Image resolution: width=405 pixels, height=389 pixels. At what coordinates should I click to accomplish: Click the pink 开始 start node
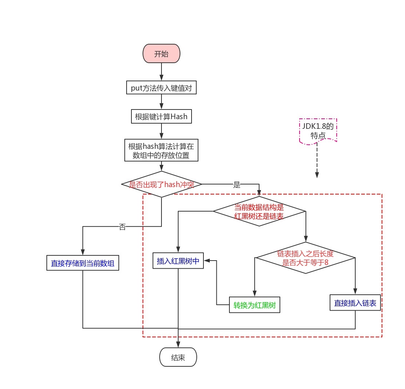click(x=161, y=54)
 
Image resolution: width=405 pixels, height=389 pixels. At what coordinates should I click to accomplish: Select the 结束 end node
click(x=178, y=357)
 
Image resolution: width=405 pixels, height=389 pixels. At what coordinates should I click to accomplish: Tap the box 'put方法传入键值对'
click(x=161, y=88)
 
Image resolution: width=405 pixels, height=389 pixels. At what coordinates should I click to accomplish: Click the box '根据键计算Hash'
click(x=161, y=117)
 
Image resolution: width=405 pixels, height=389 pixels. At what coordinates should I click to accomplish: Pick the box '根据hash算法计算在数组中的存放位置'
click(x=161, y=150)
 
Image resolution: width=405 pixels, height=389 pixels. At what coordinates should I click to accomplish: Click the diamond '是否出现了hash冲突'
click(x=161, y=184)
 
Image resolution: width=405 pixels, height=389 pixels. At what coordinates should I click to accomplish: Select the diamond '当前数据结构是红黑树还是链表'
click(x=259, y=212)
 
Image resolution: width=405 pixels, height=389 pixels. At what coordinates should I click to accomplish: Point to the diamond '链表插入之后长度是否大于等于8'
click(x=305, y=258)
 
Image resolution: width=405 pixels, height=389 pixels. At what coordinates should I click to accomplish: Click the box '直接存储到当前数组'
click(x=82, y=263)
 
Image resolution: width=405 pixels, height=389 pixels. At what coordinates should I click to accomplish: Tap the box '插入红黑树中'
click(x=178, y=261)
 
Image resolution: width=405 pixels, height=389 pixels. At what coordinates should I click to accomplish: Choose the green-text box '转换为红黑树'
click(x=254, y=305)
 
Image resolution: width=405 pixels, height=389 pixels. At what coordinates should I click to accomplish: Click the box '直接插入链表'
click(x=355, y=303)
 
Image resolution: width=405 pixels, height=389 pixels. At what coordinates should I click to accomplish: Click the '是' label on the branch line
click(x=237, y=185)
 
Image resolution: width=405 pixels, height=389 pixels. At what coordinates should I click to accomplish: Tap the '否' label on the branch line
click(x=122, y=227)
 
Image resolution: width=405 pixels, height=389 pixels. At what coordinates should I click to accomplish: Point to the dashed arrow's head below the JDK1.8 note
click(x=317, y=175)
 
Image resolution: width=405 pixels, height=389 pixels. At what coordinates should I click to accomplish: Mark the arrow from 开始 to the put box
click(x=161, y=72)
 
